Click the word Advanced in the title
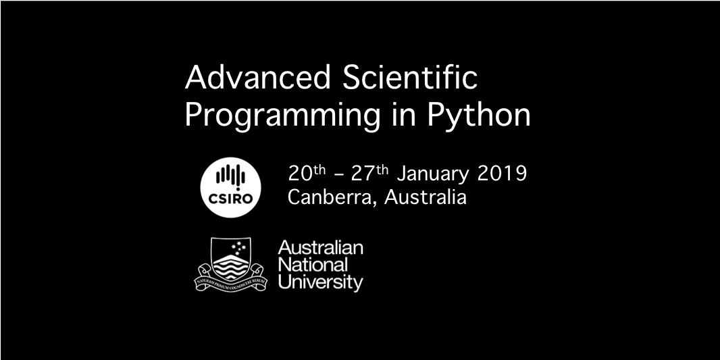257,78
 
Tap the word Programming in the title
282,116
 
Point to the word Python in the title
478,116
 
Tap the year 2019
502,174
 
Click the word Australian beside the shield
320,248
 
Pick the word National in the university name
313,264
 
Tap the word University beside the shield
320,282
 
